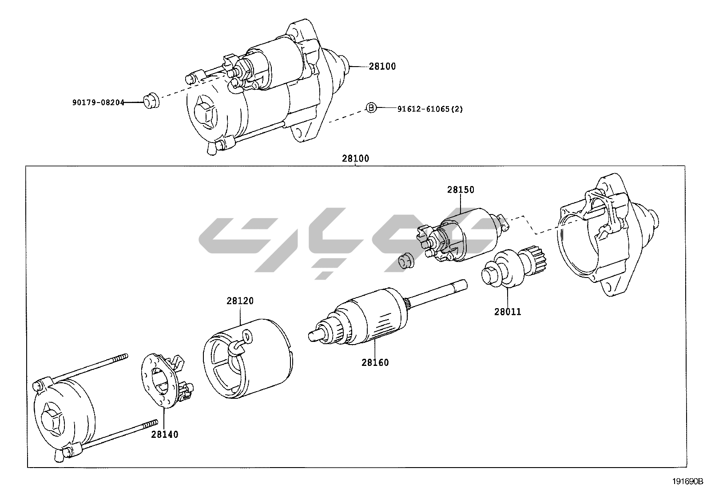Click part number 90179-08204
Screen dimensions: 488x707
pyautogui.click(x=98, y=102)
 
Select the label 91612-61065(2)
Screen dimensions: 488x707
pyautogui.click(x=429, y=108)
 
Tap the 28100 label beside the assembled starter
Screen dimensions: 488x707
pyautogui.click(x=382, y=67)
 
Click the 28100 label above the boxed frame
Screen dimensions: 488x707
pyautogui.click(x=355, y=158)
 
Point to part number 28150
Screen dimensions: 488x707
pyautogui.click(x=461, y=190)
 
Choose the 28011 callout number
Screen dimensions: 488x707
pyautogui.click(x=508, y=312)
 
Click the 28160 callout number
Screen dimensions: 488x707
pyautogui.click(x=375, y=362)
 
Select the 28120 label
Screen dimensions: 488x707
pyautogui.click(x=240, y=301)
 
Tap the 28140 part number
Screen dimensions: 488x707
pyautogui.click(x=164, y=434)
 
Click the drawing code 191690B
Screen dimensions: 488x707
pyautogui.click(x=687, y=481)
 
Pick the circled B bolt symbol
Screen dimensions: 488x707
pyautogui.click(x=371, y=107)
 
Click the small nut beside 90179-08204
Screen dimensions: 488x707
pyautogui.click(x=151, y=101)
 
